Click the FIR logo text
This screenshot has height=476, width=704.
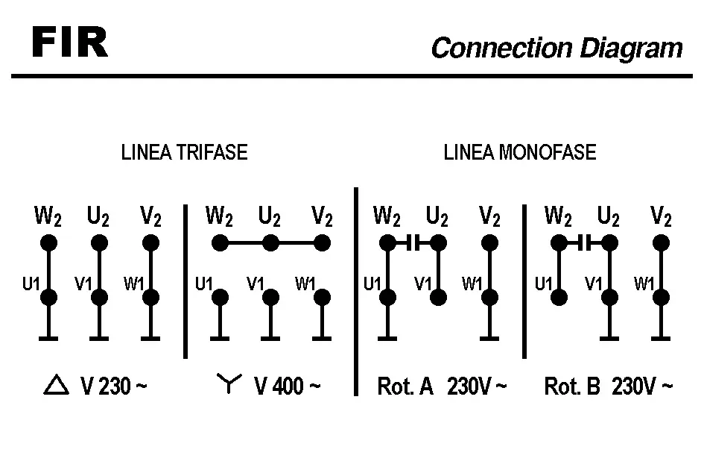tap(70, 44)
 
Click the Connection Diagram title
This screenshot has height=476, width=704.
tap(556, 48)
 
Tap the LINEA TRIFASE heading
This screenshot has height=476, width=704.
tap(184, 152)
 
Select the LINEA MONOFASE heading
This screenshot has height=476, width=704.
tap(520, 152)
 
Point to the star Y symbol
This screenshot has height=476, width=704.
tap(229, 383)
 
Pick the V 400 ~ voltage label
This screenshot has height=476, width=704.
tap(288, 386)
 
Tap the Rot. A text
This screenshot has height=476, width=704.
tap(405, 386)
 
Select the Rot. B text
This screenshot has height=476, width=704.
tap(572, 386)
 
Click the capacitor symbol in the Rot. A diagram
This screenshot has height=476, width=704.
tap(413, 242)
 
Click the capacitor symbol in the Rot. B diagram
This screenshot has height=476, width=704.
tap(584, 242)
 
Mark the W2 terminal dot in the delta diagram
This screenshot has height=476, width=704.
tap(48, 242)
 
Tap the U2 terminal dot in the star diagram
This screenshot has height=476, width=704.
tap(270, 242)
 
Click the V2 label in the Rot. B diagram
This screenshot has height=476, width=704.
tap(661, 217)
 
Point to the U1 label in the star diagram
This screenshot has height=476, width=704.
tap(204, 284)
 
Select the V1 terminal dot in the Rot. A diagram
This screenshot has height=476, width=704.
tap(438, 297)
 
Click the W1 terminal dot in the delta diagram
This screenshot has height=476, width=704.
tap(150, 297)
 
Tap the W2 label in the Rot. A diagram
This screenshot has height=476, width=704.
tap(387, 217)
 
